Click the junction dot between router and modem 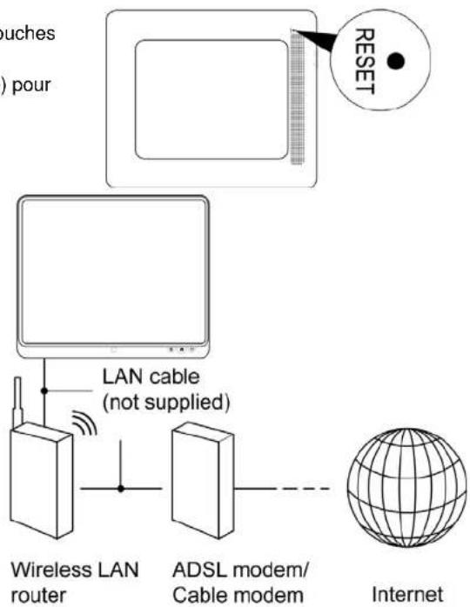point(122,490)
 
